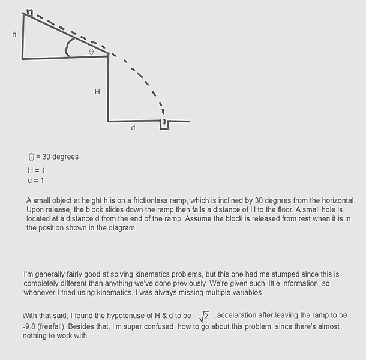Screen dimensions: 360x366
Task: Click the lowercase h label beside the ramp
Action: (14, 34)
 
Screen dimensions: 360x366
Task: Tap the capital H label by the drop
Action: (97, 91)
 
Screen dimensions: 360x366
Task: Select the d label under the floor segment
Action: (133, 128)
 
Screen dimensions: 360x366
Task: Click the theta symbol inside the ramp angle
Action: (91, 52)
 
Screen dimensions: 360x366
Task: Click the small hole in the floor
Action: (164, 124)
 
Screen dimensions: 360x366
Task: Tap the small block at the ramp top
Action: (29, 12)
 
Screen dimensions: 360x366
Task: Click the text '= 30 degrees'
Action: (57, 157)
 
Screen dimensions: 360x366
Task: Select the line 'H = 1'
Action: (36, 170)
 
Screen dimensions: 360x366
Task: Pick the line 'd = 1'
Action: (35, 180)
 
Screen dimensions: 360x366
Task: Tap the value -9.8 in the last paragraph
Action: (31, 326)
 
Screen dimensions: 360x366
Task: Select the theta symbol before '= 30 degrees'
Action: (31, 157)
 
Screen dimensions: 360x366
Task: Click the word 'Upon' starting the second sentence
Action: (35, 210)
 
